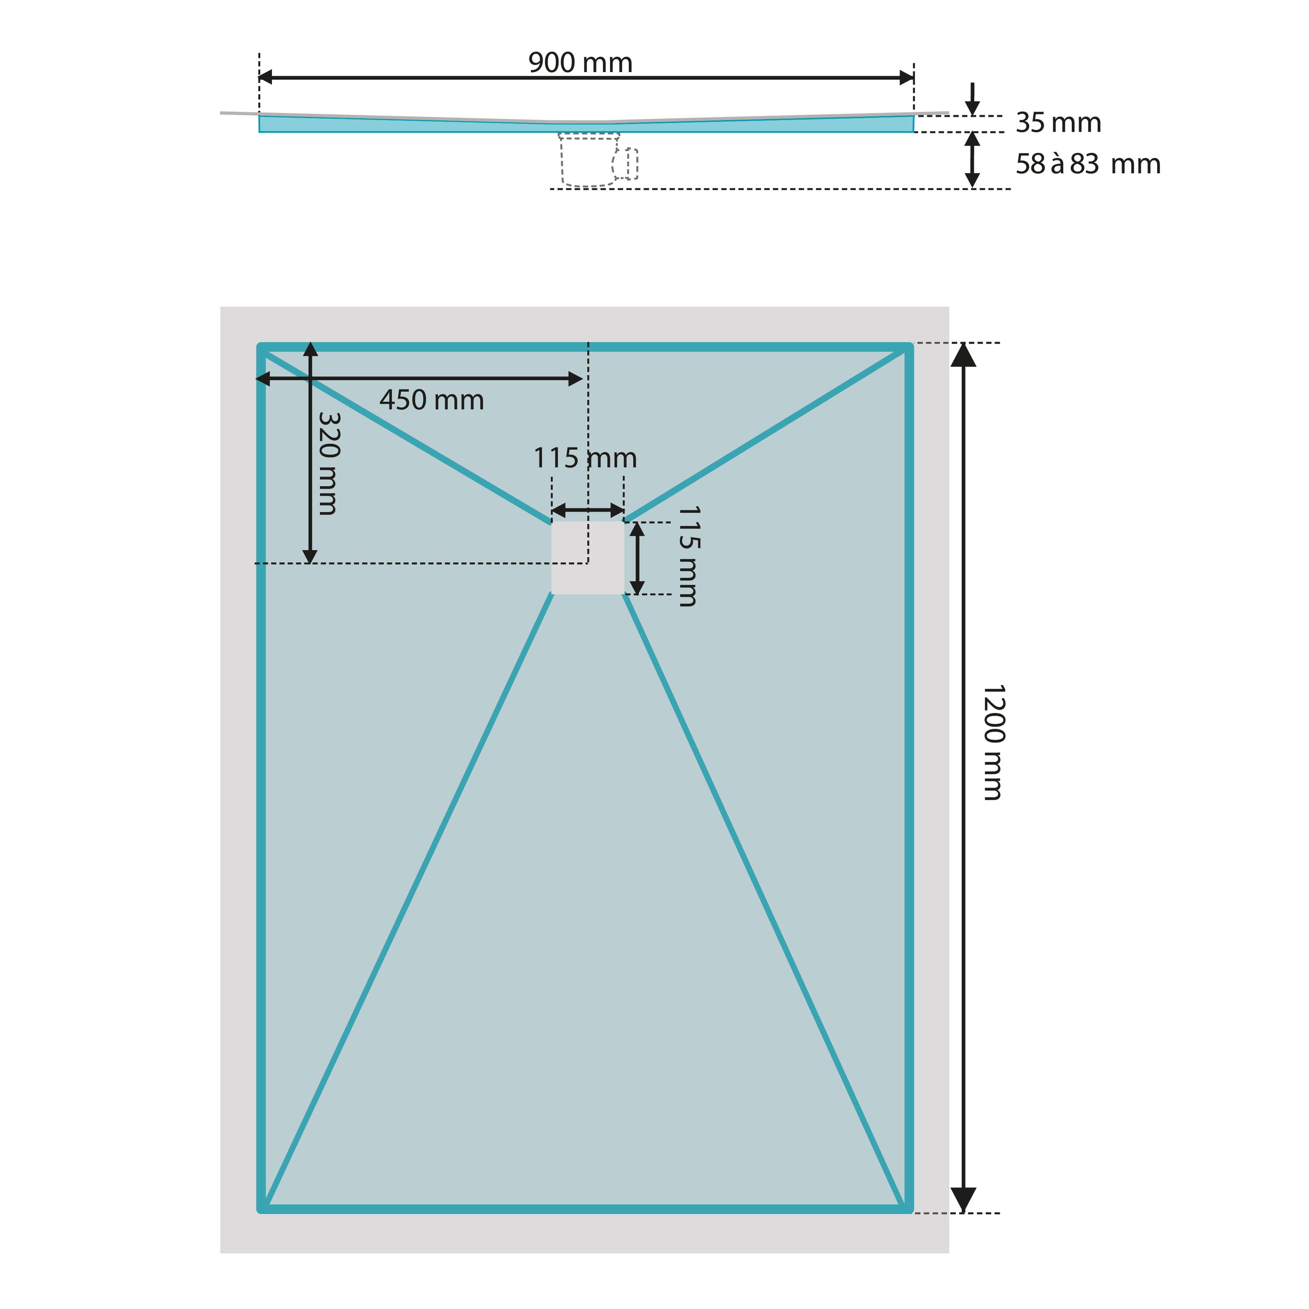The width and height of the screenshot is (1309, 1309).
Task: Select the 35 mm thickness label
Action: (1058, 123)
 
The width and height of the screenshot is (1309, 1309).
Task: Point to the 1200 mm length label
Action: (993, 743)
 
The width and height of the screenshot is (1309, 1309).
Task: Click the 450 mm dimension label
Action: (432, 400)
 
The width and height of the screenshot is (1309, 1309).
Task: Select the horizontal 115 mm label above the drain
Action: (586, 458)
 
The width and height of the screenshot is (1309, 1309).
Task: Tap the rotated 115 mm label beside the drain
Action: (689, 555)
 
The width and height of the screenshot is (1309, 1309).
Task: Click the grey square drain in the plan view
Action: (587, 558)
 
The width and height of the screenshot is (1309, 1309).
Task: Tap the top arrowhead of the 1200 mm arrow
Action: (963, 354)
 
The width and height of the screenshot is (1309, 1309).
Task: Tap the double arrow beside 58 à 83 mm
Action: (972, 160)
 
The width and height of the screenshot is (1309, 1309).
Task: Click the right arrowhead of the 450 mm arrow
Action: (575, 379)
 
